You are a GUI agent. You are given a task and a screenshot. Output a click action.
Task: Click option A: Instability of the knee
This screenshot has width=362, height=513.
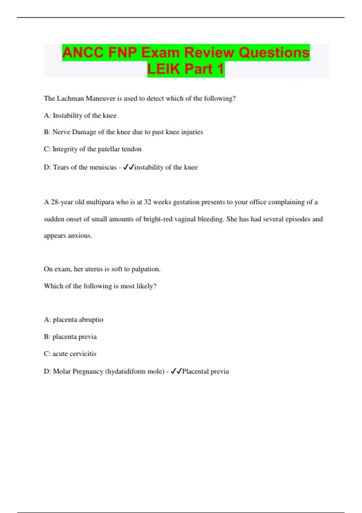click(x=80, y=115)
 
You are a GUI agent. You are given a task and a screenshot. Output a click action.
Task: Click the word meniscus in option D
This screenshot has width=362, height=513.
click(x=102, y=167)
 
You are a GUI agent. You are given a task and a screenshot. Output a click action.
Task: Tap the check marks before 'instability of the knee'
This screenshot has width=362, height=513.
click(x=129, y=167)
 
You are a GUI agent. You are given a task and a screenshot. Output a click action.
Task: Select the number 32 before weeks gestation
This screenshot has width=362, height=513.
click(x=147, y=202)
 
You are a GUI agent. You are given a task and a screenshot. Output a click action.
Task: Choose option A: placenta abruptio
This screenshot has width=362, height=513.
click(x=73, y=319)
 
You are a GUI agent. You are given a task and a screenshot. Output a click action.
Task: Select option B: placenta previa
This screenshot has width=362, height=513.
click(x=70, y=336)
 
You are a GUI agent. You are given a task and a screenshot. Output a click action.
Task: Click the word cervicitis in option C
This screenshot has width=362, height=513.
click(x=83, y=353)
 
